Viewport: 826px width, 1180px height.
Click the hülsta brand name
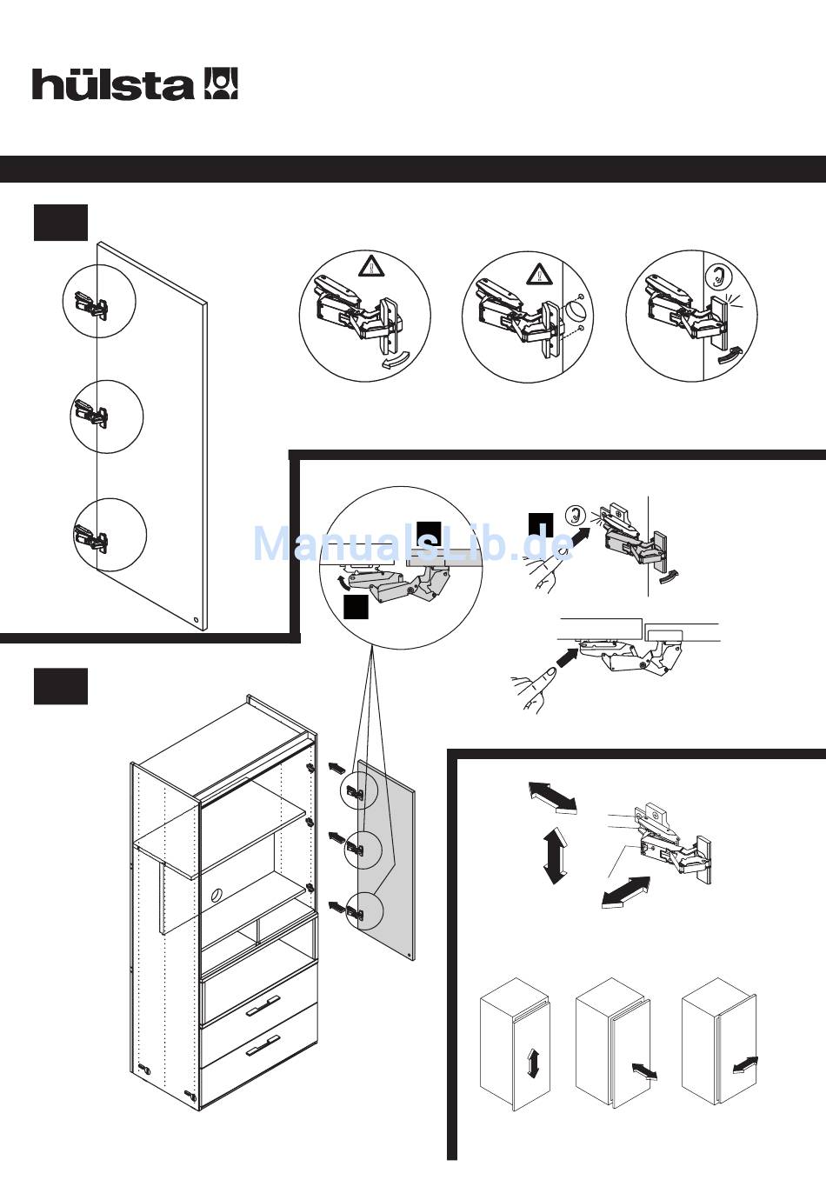113,84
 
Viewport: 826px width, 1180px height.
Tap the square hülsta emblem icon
221,83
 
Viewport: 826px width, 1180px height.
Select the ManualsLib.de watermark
412,544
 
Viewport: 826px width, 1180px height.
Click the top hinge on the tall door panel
91,303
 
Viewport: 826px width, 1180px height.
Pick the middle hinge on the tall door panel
92,412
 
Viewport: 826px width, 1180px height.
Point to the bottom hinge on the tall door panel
92,539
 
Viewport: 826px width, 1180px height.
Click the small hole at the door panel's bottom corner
196,621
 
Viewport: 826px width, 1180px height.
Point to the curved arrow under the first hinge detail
396,362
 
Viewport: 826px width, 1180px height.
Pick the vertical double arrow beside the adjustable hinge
554,856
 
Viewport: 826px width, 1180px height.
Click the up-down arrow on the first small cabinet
533,1063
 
